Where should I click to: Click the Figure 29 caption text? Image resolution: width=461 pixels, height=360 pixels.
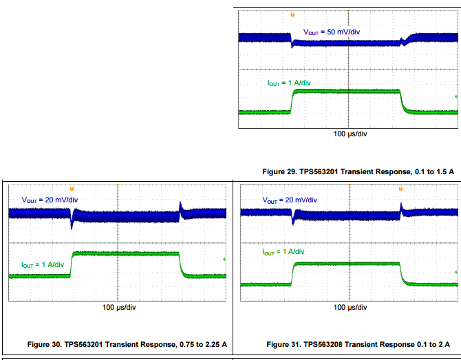coord(358,170)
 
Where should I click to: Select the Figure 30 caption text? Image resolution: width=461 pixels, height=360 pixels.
coord(127,343)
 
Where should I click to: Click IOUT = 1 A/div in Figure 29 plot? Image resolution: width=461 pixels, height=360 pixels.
coord(289,83)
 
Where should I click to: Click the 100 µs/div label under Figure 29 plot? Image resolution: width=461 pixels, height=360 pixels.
coord(350,134)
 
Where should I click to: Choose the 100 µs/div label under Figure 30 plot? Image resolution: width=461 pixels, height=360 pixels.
coord(120,307)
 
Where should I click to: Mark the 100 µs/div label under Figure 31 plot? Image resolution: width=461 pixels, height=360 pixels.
coord(350,307)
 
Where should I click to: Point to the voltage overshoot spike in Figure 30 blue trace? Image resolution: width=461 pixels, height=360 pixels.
coord(180,205)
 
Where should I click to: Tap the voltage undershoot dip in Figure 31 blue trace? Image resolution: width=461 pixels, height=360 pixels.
coord(294,221)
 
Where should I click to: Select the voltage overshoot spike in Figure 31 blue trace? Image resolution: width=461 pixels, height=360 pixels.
coord(401,205)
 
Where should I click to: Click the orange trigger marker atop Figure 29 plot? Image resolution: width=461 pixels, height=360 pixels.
coord(292,14)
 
